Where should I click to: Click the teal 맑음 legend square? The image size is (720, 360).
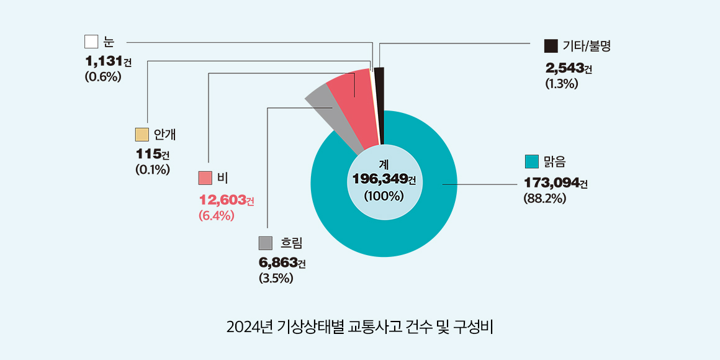[531, 162]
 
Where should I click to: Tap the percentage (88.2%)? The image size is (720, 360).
[545, 199]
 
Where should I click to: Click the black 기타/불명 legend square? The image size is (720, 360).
[550, 46]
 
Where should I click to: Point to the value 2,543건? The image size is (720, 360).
[568, 68]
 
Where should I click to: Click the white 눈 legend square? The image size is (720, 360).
[91, 42]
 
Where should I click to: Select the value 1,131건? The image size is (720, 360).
[108, 61]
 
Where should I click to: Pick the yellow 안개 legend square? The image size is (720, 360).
[142, 135]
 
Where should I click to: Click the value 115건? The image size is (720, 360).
[152, 154]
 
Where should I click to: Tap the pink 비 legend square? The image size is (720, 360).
[205, 178]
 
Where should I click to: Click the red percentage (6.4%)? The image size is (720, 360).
[216, 216]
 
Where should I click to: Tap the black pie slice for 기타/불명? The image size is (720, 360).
[379, 102]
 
